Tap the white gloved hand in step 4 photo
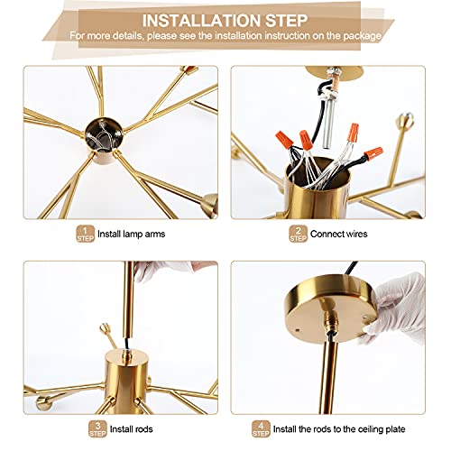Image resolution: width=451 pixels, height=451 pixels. (397, 307)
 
